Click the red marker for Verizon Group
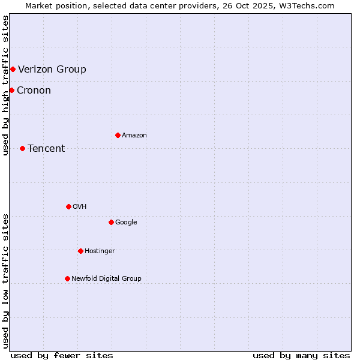pyautogui.click(x=13, y=69)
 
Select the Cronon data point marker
pyautogui.click(x=11, y=90)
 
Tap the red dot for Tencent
pyautogui.click(x=22, y=148)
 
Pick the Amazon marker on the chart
pyautogui.click(x=118, y=135)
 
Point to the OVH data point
pyautogui.click(x=68, y=206)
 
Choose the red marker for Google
pyautogui.click(x=111, y=222)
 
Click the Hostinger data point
pyautogui.click(x=80, y=251)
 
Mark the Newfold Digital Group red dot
pyautogui.click(x=67, y=278)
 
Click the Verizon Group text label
pyautogui.click(x=52, y=69)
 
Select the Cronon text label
pyautogui.click(x=34, y=91)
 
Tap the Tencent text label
pyautogui.click(x=46, y=149)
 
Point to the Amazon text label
pyautogui.click(x=134, y=136)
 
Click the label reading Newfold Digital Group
pyautogui.click(x=106, y=278)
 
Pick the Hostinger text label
pyautogui.click(x=100, y=251)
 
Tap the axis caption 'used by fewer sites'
pyautogui.click(x=62, y=355)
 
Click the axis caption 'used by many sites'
pyautogui.click(x=301, y=355)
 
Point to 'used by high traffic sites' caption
pyautogui.click(x=5, y=85)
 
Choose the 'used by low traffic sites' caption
pyautogui.click(x=5, y=280)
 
